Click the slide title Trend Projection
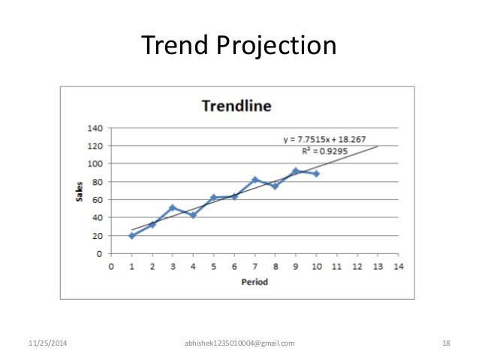(x=239, y=46)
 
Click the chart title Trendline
(x=236, y=105)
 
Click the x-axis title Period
(x=255, y=282)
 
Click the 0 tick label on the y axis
(x=99, y=254)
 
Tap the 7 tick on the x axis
(x=255, y=266)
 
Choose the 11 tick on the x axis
(x=336, y=266)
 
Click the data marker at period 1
(x=132, y=235)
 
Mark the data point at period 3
(x=173, y=207)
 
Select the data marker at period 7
(x=255, y=180)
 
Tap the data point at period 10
(x=316, y=174)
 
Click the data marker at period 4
(x=193, y=215)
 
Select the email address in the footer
(x=239, y=343)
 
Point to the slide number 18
(x=446, y=343)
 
